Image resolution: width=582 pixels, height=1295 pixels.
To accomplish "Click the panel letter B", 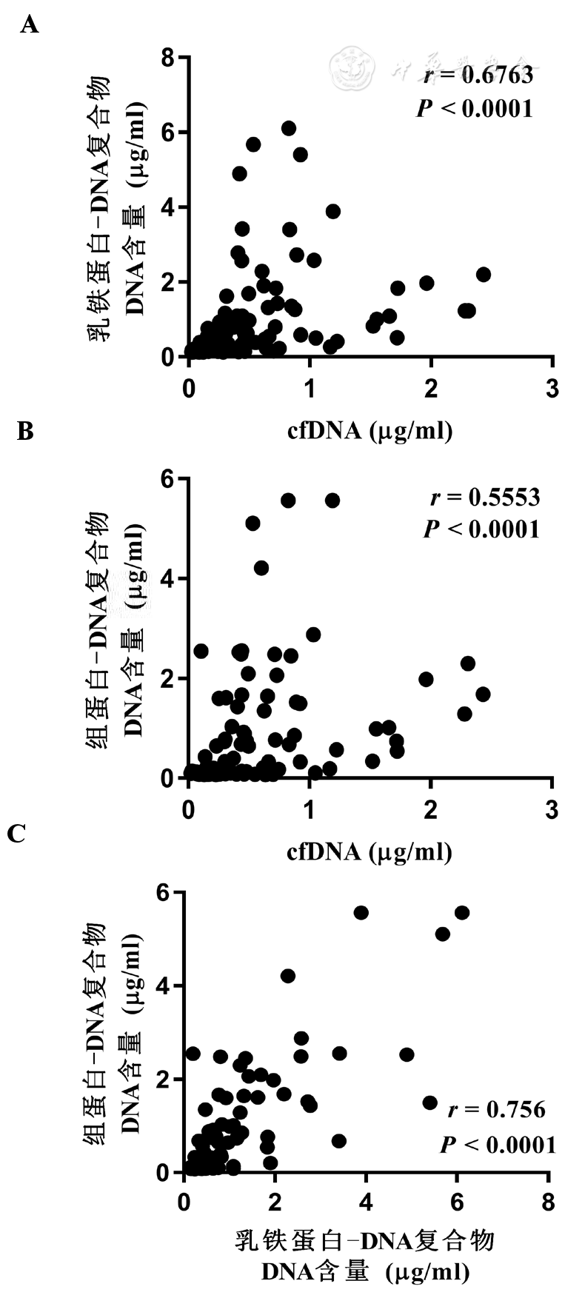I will [x=25, y=430].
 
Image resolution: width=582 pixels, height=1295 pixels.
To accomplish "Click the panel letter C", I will [x=16, y=834].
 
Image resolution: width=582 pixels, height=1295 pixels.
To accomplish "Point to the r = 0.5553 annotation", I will [x=485, y=497].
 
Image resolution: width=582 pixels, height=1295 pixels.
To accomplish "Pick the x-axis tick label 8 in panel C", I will [x=548, y=1202].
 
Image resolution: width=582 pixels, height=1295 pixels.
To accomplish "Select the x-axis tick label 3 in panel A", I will [x=552, y=387].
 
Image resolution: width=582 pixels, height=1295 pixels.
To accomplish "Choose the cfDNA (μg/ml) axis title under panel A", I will [x=369, y=430].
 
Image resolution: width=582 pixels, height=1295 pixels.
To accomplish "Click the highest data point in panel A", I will [x=289, y=128].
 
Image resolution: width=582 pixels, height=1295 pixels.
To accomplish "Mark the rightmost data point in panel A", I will [x=484, y=274].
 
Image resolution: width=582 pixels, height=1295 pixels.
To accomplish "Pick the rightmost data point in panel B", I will [x=483, y=694].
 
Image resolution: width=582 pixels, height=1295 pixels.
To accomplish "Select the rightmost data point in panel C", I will [x=462, y=912].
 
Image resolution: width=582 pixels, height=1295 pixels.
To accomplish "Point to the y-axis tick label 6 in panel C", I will [x=168, y=893].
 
